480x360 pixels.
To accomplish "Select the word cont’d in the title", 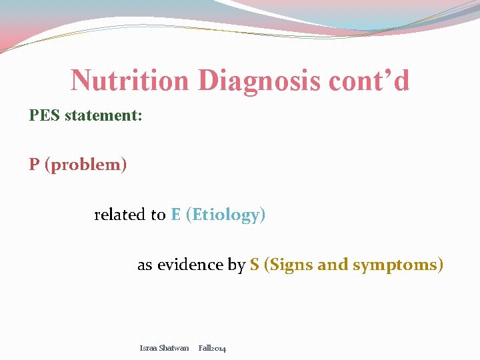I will pos(369,81).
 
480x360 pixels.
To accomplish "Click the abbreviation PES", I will pos(43,115).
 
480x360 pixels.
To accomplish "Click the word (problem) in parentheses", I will pos(85,165).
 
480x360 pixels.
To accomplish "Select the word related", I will pos(120,215).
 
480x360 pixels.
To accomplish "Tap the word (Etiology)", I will pos(225,215).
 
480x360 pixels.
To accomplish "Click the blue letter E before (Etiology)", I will pos(176,215).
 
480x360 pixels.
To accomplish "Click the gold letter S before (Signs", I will pos(255,265).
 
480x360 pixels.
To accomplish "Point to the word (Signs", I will pos(289,265).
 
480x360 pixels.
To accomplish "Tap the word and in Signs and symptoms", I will pos(333,265).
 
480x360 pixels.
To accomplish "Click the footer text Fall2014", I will pos(212,348).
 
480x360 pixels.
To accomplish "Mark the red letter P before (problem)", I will pos(34,165).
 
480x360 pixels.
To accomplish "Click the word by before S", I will pos(237,265).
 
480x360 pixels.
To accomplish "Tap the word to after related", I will pos(158,215).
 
